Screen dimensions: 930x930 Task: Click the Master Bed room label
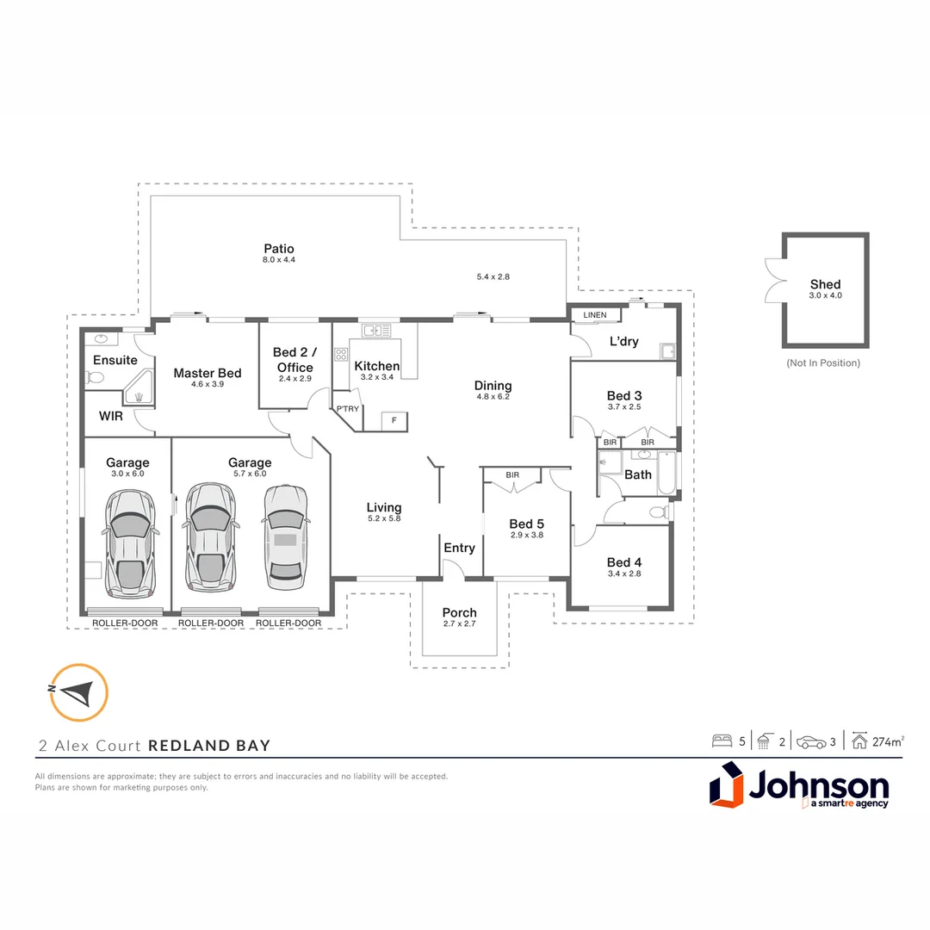pos(207,373)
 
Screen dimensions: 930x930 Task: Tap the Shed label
pos(825,284)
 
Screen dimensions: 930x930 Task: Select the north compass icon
pos(78,691)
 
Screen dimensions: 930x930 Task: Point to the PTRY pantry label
pos(347,409)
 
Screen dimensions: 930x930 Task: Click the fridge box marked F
pos(394,421)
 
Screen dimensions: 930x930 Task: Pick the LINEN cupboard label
pos(594,315)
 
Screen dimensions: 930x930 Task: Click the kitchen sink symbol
pos(376,330)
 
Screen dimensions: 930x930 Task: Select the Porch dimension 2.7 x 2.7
pos(459,623)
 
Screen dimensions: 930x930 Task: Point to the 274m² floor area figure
pos(888,741)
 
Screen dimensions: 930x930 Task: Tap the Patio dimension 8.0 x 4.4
pos(279,259)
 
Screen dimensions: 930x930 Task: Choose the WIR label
pos(111,416)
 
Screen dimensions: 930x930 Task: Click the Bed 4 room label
pos(624,562)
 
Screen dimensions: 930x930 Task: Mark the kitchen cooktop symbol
pos(341,354)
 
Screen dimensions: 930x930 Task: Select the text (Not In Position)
pos(823,363)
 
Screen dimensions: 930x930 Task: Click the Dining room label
pos(493,386)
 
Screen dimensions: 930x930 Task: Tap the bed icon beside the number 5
pos(721,741)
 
